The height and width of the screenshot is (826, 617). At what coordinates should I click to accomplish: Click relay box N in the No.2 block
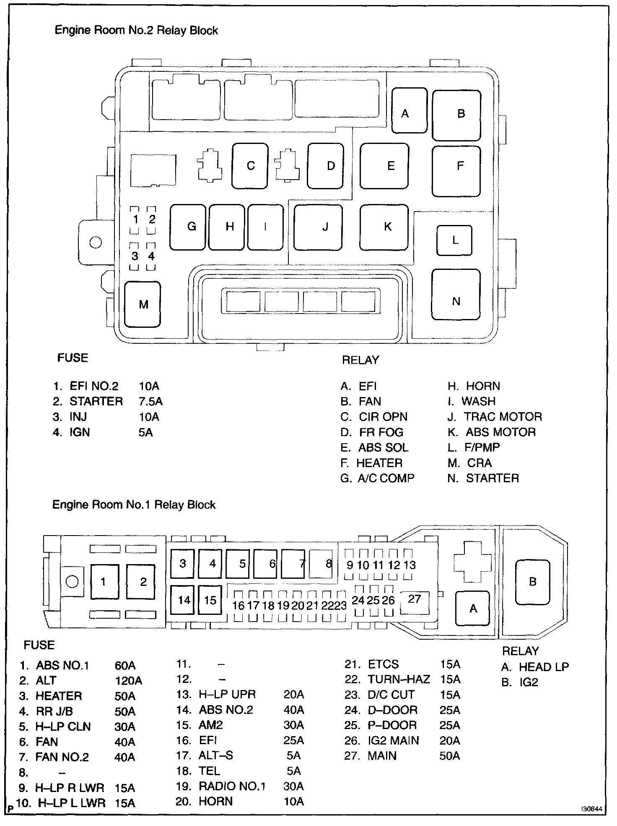pyautogui.click(x=456, y=301)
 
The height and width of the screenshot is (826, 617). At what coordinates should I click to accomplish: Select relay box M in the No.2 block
pyautogui.click(x=143, y=304)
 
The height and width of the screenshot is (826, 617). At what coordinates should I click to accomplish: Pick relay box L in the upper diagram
pyautogui.click(x=454, y=240)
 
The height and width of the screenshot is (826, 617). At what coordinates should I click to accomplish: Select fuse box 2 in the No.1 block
pyautogui.click(x=143, y=582)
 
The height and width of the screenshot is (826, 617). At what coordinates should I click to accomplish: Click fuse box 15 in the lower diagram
pyautogui.click(x=210, y=601)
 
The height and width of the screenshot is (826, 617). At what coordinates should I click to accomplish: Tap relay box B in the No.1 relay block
pyautogui.click(x=532, y=582)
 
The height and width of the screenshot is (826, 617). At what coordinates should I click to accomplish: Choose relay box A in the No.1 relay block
pyautogui.click(x=472, y=608)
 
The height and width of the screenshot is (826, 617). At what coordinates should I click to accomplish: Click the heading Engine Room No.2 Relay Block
pyautogui.click(x=136, y=31)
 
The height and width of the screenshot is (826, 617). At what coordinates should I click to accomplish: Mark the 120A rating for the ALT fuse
pyautogui.click(x=128, y=681)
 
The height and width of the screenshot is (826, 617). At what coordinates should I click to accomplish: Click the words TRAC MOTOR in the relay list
pyautogui.click(x=503, y=417)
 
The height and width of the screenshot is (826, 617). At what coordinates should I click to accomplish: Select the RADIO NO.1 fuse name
pyautogui.click(x=232, y=786)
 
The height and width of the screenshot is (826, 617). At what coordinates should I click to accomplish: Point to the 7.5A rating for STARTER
pyautogui.click(x=150, y=402)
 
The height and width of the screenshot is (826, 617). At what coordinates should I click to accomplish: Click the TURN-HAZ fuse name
pyautogui.click(x=399, y=680)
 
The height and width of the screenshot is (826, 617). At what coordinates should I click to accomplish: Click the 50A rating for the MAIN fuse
pyautogui.click(x=450, y=756)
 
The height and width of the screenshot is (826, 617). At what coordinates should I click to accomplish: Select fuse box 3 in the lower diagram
pyautogui.click(x=182, y=563)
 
